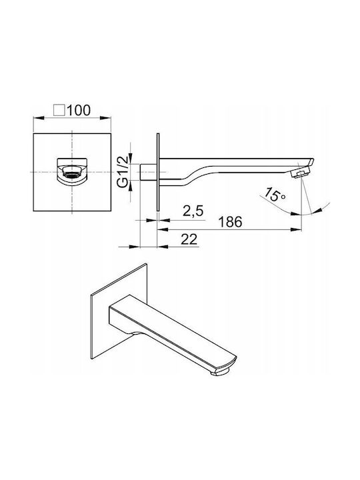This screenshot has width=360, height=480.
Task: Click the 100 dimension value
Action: coord(79,110)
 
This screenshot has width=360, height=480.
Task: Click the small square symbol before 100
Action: coord(59,110)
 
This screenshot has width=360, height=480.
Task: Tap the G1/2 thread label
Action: coord(123,172)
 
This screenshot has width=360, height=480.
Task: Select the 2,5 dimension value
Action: coord(193,211)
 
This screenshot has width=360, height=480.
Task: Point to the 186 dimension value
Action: coord(230,222)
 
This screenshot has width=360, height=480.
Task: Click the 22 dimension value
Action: coord(189,239)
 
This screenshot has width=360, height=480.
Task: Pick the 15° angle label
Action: coord(274,195)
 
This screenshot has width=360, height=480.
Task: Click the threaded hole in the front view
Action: coord(72,173)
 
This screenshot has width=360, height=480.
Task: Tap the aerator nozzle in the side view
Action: coord(300,173)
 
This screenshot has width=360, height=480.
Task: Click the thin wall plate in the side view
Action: coord(158,172)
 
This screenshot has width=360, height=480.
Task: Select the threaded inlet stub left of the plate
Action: coord(149,172)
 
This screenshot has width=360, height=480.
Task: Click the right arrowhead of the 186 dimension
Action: coord(296,229)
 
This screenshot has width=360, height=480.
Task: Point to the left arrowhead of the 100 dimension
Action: coord(39,117)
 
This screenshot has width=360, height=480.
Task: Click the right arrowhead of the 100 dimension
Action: coord(105,117)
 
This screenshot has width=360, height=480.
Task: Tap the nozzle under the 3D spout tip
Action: coord(221,371)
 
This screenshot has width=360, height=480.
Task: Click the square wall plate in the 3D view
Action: coord(119,311)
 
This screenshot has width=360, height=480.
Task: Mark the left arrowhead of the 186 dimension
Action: coord(163,229)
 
